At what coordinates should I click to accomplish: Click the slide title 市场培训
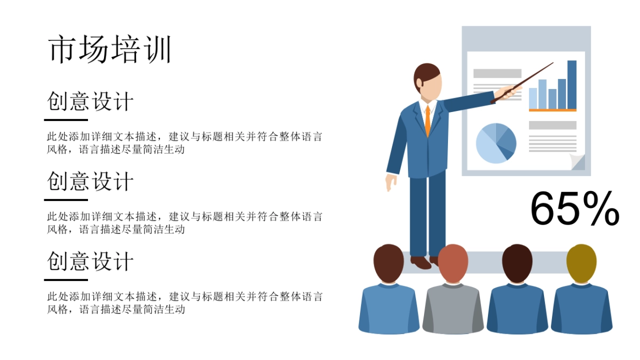tap(110, 51)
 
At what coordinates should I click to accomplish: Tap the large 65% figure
tap(574, 209)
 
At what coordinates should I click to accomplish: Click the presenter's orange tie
tap(427, 121)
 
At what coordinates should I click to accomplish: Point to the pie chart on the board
tap(496, 143)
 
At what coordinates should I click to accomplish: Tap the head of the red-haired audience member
tap(453, 262)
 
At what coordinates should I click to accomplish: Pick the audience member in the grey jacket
tap(453, 309)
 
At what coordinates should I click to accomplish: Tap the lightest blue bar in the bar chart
tap(533, 98)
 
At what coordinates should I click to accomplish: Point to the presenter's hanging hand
tap(391, 183)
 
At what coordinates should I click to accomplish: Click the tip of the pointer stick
tap(552, 63)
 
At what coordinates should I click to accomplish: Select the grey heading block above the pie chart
tap(497, 73)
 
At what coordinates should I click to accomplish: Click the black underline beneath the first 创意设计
tap(66, 119)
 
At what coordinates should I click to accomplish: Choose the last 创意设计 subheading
tap(90, 261)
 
